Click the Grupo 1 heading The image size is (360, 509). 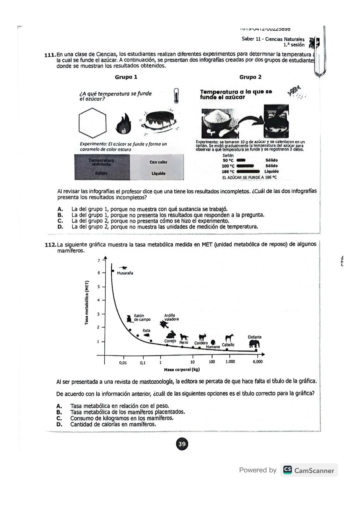[126, 77]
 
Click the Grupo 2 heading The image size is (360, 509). [250, 77]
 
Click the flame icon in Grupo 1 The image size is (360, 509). [124, 123]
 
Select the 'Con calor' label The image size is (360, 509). [158, 162]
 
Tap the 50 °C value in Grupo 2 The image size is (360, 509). [228, 160]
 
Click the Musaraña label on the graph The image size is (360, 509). [125, 273]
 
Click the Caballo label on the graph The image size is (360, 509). [228, 345]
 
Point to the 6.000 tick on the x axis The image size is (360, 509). [257, 362]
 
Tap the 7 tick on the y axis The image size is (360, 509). [98, 261]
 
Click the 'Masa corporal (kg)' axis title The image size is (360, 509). [182, 370]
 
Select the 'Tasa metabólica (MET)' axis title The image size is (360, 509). [87, 303]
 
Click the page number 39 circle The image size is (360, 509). [182, 444]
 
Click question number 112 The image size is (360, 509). [50, 244]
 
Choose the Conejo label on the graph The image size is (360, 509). [170, 341]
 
